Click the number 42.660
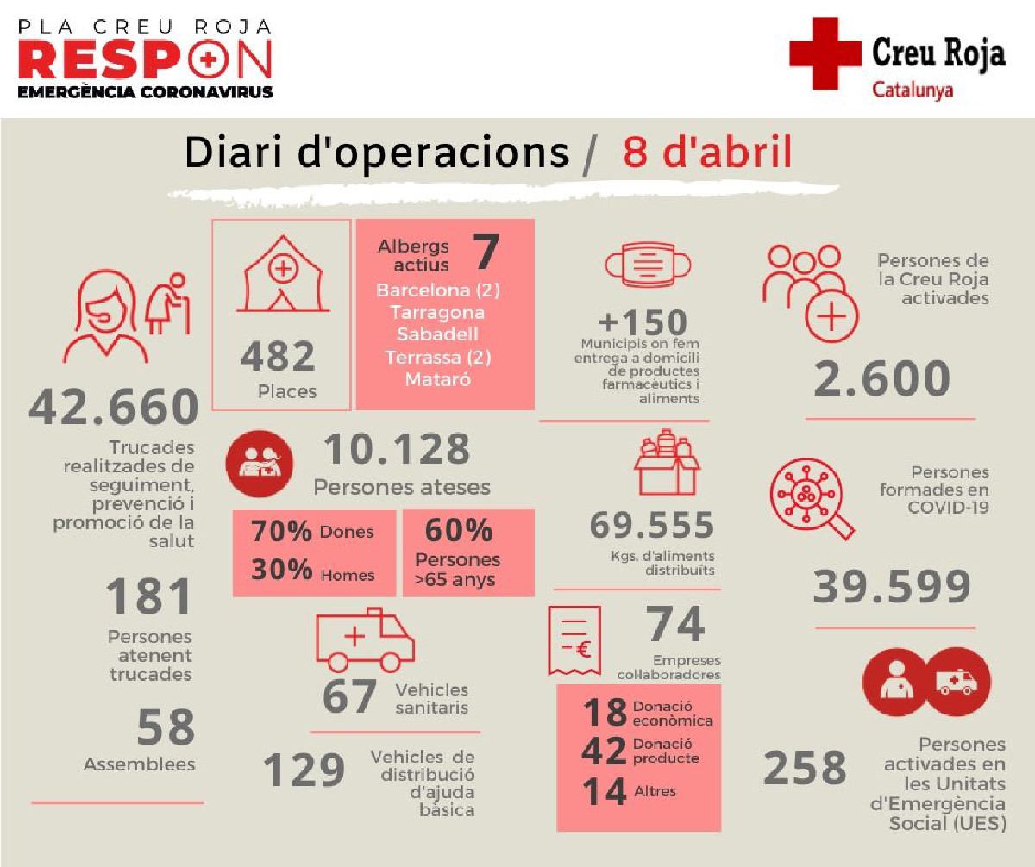(x=114, y=407)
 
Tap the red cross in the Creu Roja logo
(x=825, y=53)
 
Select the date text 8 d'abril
(x=706, y=153)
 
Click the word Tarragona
(x=437, y=312)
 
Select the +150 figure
(x=643, y=322)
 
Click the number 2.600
(x=882, y=378)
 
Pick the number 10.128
(x=397, y=450)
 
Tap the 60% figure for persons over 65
(x=458, y=529)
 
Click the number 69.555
(x=652, y=525)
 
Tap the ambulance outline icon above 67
(x=365, y=640)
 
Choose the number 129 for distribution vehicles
(x=304, y=770)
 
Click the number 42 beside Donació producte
(x=604, y=752)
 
